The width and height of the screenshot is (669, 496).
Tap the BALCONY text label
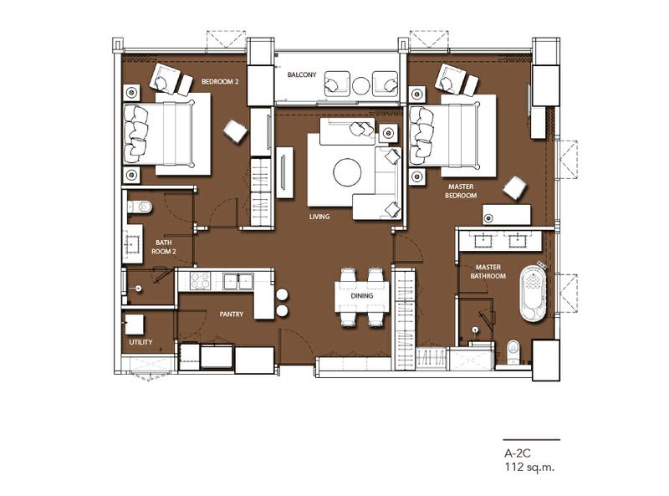pyautogui.click(x=301, y=74)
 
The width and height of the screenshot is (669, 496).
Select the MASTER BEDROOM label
pyautogui.click(x=462, y=191)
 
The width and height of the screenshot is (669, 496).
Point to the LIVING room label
pyautogui.click(x=319, y=217)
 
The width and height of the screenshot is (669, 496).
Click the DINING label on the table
pyautogui.click(x=362, y=295)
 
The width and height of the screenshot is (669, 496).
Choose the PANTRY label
pyautogui.click(x=231, y=314)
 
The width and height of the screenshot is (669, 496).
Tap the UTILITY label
pyautogui.click(x=140, y=343)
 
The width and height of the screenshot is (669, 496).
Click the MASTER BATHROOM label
pyautogui.click(x=484, y=270)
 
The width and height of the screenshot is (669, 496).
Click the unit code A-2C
pyautogui.click(x=516, y=453)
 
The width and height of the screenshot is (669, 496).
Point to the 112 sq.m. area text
pyautogui.click(x=529, y=468)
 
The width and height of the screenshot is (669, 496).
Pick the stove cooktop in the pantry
pyautogui.click(x=199, y=281)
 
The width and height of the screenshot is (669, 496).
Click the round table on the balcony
pyautogui.click(x=360, y=84)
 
